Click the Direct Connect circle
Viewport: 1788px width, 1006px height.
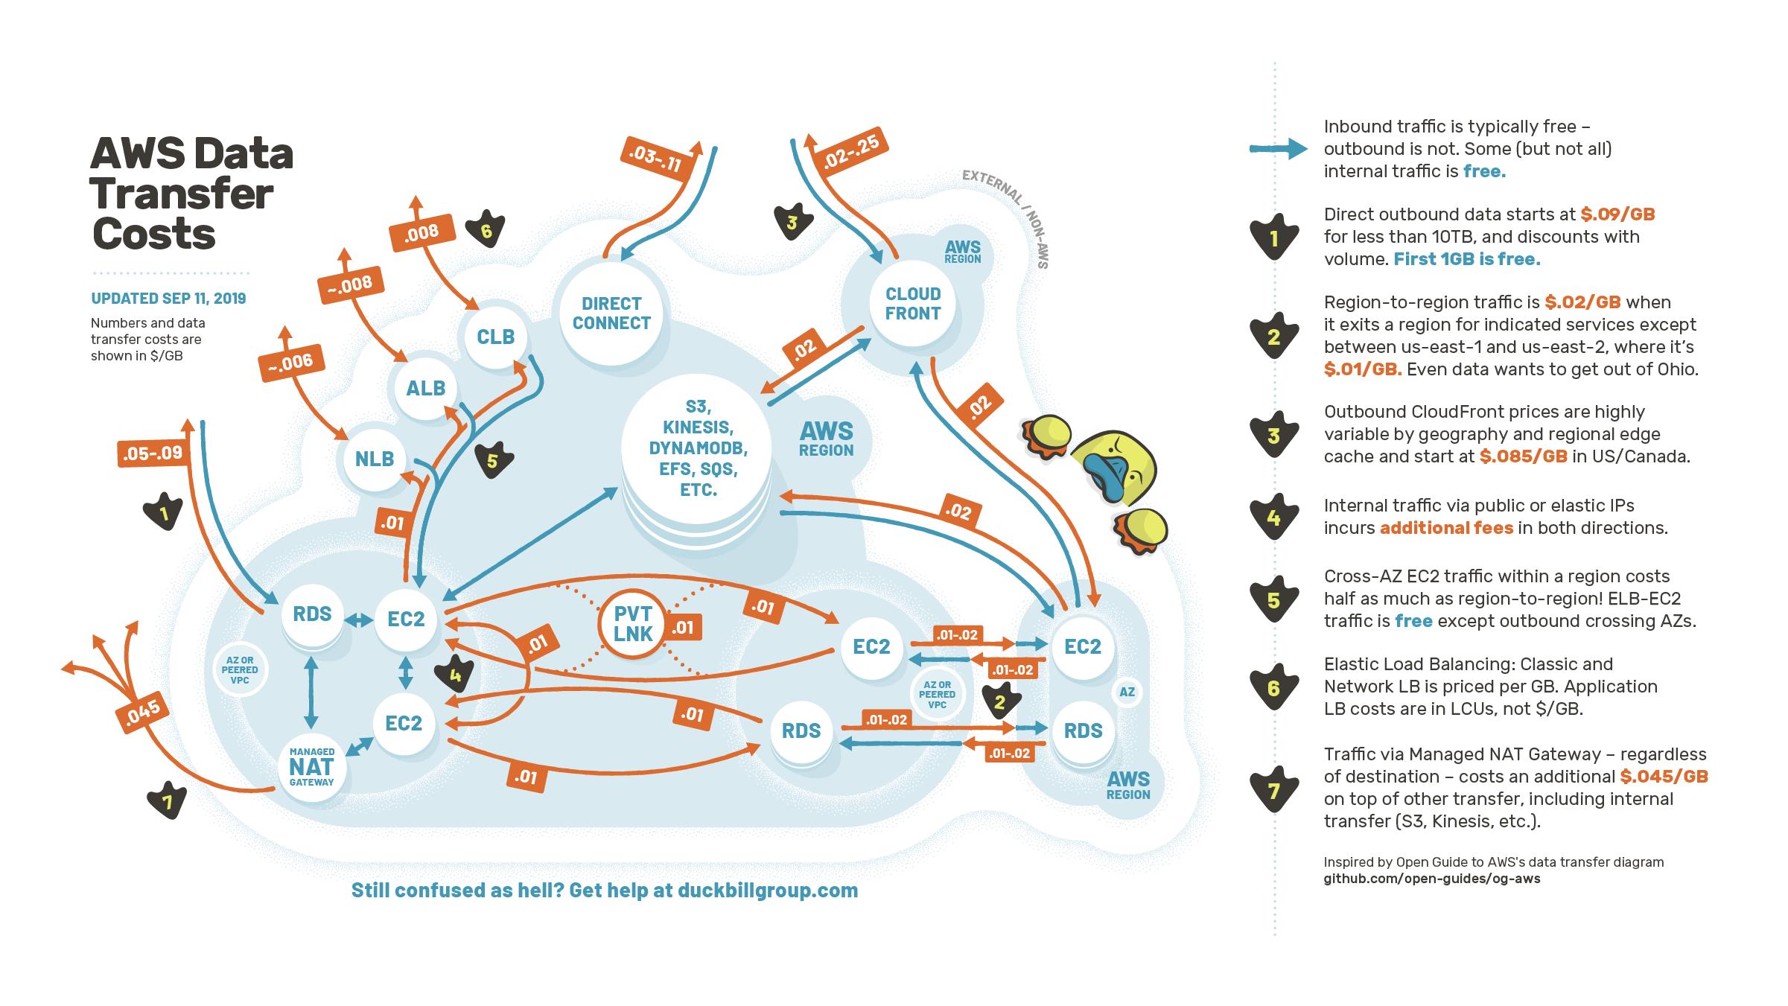tap(611, 313)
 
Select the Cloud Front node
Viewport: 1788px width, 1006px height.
tap(913, 304)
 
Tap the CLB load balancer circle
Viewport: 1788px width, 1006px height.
tap(495, 337)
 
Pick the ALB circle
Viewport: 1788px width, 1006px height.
tap(426, 387)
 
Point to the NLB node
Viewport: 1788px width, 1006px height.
tap(375, 458)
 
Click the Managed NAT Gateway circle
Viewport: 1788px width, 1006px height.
tap(312, 767)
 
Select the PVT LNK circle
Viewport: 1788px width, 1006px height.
tap(633, 624)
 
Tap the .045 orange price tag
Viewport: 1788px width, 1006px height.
tap(142, 713)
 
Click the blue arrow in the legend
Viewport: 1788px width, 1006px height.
tap(1278, 149)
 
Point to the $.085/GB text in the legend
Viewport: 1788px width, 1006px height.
tap(1523, 456)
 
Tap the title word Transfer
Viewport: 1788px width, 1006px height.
tap(182, 194)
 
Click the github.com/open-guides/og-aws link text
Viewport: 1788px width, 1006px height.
tap(1431, 879)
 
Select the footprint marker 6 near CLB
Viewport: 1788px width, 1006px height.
tap(486, 231)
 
